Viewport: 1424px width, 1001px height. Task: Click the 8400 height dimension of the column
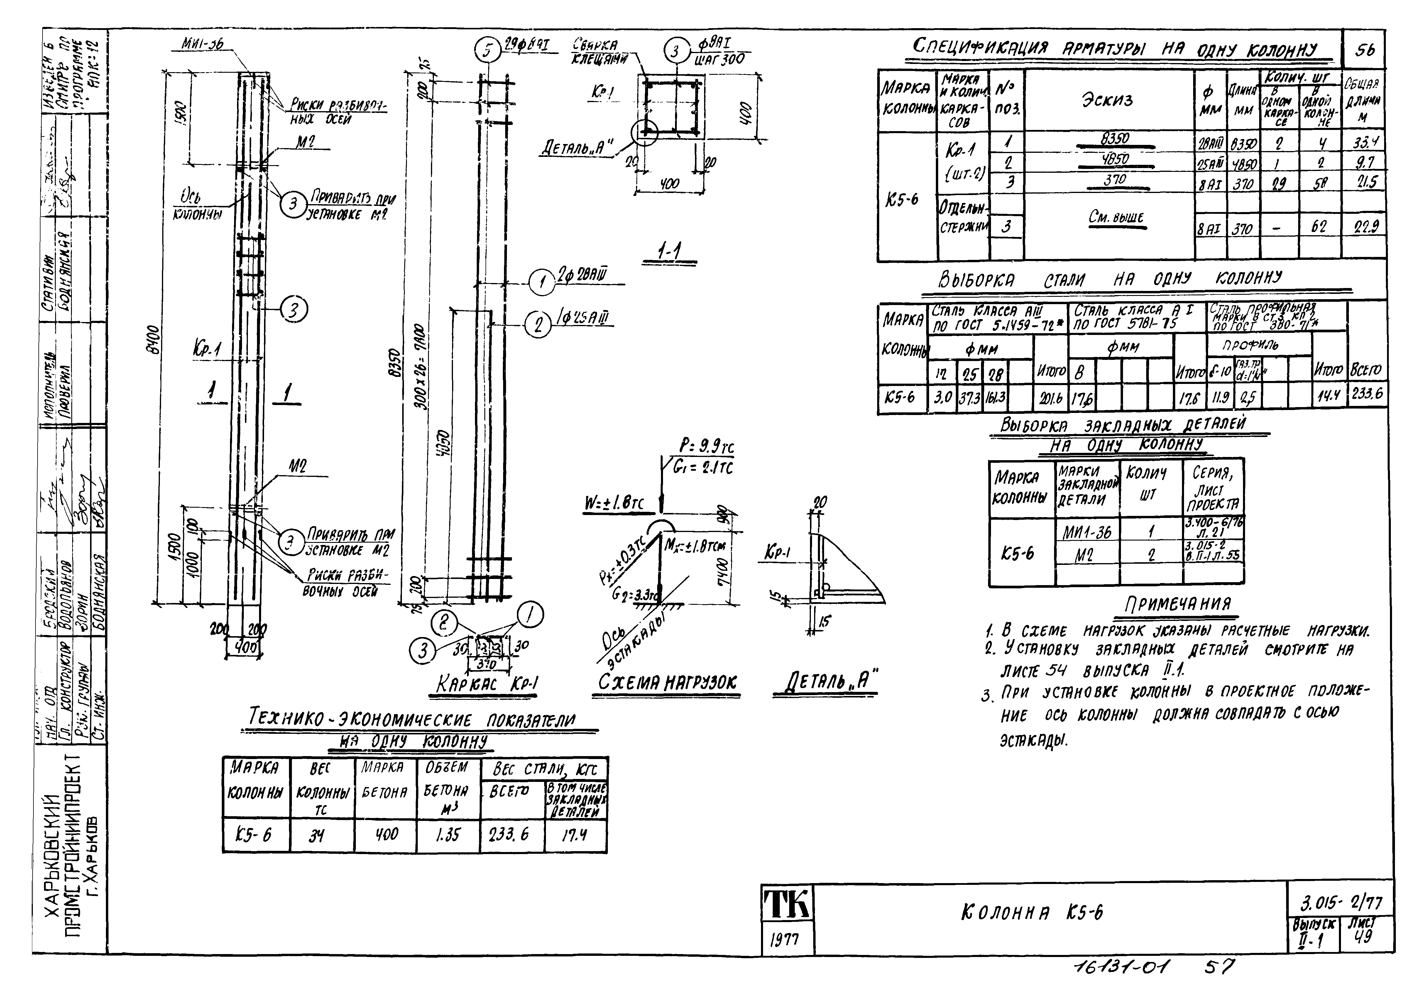tap(156, 339)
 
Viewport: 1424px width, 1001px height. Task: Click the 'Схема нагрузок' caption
tap(667, 682)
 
